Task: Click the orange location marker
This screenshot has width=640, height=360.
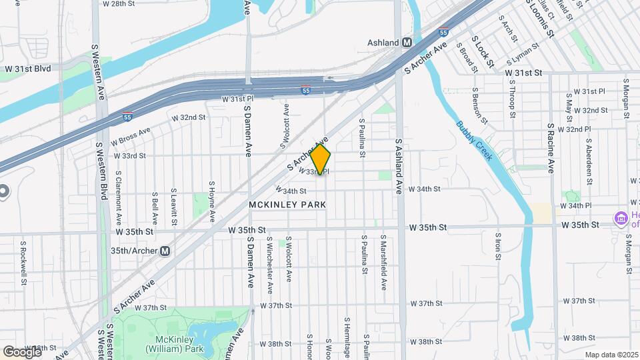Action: click(x=321, y=160)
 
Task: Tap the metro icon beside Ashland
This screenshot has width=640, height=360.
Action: click(x=406, y=42)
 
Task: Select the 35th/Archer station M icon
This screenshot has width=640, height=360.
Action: click(x=165, y=251)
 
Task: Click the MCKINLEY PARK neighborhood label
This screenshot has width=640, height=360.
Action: click(x=287, y=205)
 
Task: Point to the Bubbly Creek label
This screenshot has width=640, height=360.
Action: click(x=475, y=141)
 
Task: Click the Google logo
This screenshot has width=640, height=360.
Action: click(x=21, y=351)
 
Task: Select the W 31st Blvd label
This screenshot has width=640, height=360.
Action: click(x=27, y=68)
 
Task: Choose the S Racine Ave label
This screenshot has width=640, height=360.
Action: click(x=551, y=147)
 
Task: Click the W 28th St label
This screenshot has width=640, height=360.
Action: click(x=118, y=3)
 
